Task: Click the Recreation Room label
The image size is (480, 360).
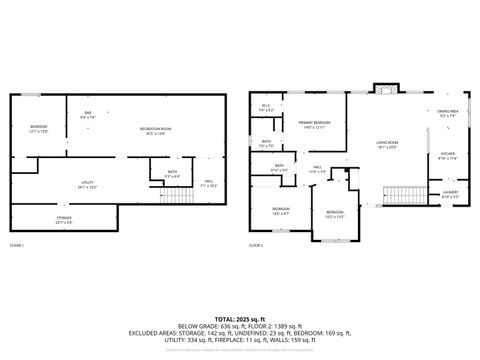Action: (x=155, y=131)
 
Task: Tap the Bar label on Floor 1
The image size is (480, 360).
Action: (x=88, y=115)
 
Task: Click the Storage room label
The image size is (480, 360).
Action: (x=63, y=220)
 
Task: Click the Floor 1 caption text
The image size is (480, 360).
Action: (x=17, y=245)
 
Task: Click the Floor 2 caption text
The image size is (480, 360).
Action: (x=256, y=245)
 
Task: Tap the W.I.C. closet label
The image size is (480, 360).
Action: (x=266, y=108)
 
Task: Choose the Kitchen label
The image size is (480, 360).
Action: (x=448, y=156)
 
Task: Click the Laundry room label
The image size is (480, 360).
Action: (x=450, y=194)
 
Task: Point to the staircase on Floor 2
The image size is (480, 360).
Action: (x=402, y=193)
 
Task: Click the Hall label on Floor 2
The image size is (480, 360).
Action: (x=316, y=170)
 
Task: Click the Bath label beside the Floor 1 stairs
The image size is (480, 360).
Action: (x=173, y=174)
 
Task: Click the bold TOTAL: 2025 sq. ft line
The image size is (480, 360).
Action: (x=239, y=318)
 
